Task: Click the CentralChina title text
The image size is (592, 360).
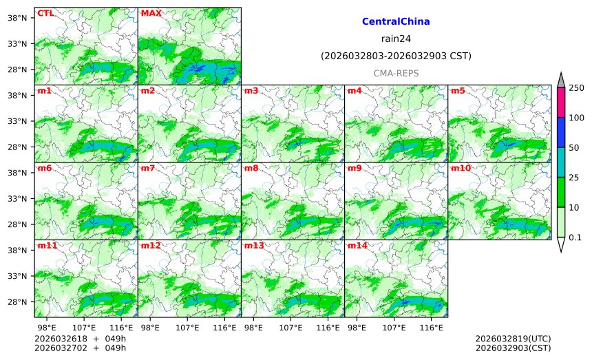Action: click(396, 22)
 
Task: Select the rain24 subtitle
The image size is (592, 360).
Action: click(396, 39)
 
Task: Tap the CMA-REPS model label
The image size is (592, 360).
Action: click(396, 73)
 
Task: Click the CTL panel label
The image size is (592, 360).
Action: click(45, 13)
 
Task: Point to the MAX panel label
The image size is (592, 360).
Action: click(151, 13)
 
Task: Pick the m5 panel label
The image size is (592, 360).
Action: click(458, 91)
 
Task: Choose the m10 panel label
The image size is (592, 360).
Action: click(461, 168)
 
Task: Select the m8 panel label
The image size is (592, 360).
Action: click(251, 168)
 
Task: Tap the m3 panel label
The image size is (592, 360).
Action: click(251, 91)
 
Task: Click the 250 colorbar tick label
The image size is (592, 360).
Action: click(576, 87)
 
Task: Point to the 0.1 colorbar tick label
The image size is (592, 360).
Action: click(575, 237)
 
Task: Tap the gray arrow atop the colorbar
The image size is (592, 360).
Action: click(561, 81)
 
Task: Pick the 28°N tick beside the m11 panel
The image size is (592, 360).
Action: click(17, 302)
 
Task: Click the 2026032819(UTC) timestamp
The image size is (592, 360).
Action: click(513, 339)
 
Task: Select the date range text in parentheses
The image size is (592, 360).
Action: click(396, 56)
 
